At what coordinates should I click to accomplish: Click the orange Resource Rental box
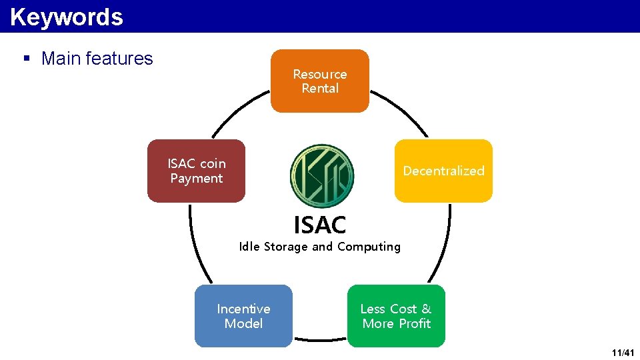tap(319, 81)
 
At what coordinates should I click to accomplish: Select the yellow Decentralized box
tap(443, 171)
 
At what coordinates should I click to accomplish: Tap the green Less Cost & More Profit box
tap(396, 316)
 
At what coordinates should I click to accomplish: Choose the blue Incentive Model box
tap(243, 316)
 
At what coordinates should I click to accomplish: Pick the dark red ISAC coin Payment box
tap(196, 171)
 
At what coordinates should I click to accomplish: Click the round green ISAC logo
tap(322, 175)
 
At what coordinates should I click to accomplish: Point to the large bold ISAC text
tap(320, 225)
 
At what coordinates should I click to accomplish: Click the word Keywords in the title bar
tap(67, 17)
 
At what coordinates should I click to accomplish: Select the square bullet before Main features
tap(27, 59)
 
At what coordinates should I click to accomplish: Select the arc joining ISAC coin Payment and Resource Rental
tap(237, 110)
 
